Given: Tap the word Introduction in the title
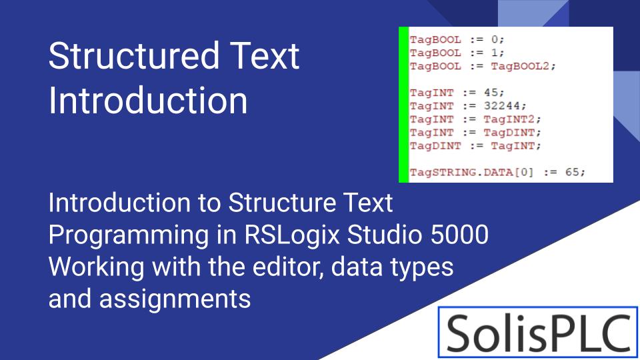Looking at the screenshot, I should tap(148, 101).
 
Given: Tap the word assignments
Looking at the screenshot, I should tap(176, 299).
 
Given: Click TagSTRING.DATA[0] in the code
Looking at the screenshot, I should tap(473, 172).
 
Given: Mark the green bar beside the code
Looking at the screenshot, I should tap(403, 105).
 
